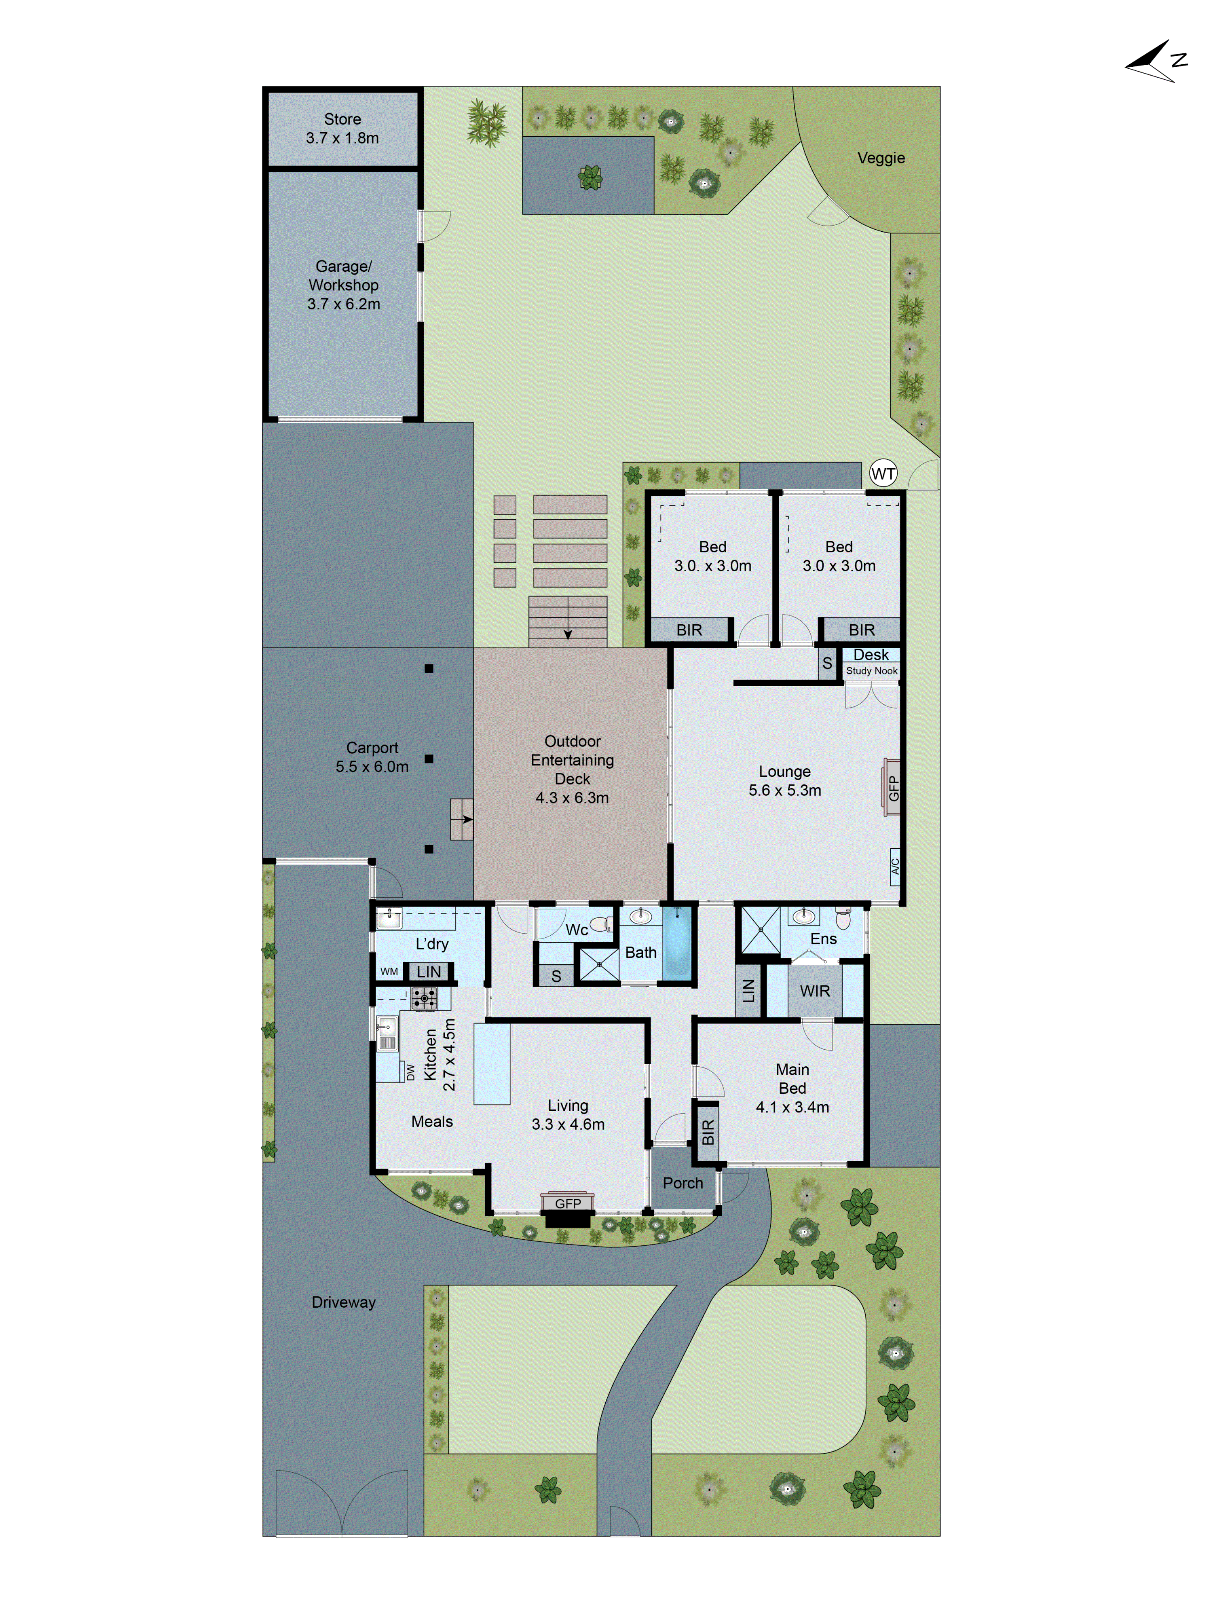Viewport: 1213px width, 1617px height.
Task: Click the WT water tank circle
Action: coord(883,473)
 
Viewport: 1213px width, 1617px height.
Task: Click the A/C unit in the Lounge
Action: coord(894,866)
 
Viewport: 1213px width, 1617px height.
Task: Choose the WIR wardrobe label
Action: coord(814,991)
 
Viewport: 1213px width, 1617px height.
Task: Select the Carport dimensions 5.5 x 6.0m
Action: coord(372,767)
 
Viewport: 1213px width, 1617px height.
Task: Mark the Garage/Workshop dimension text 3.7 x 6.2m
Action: coord(344,304)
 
